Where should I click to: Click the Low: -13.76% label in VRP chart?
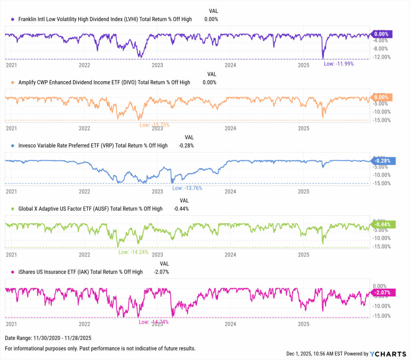tap(187, 188)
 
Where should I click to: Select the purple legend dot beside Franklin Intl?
tap(13, 19)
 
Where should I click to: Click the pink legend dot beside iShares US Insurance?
tap(13, 272)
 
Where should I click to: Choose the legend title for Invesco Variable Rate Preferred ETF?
tap(93, 146)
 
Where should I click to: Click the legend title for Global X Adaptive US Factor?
tap(90, 209)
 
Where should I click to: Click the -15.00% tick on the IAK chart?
tap(381, 316)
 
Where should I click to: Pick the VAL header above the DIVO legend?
tap(212, 74)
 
